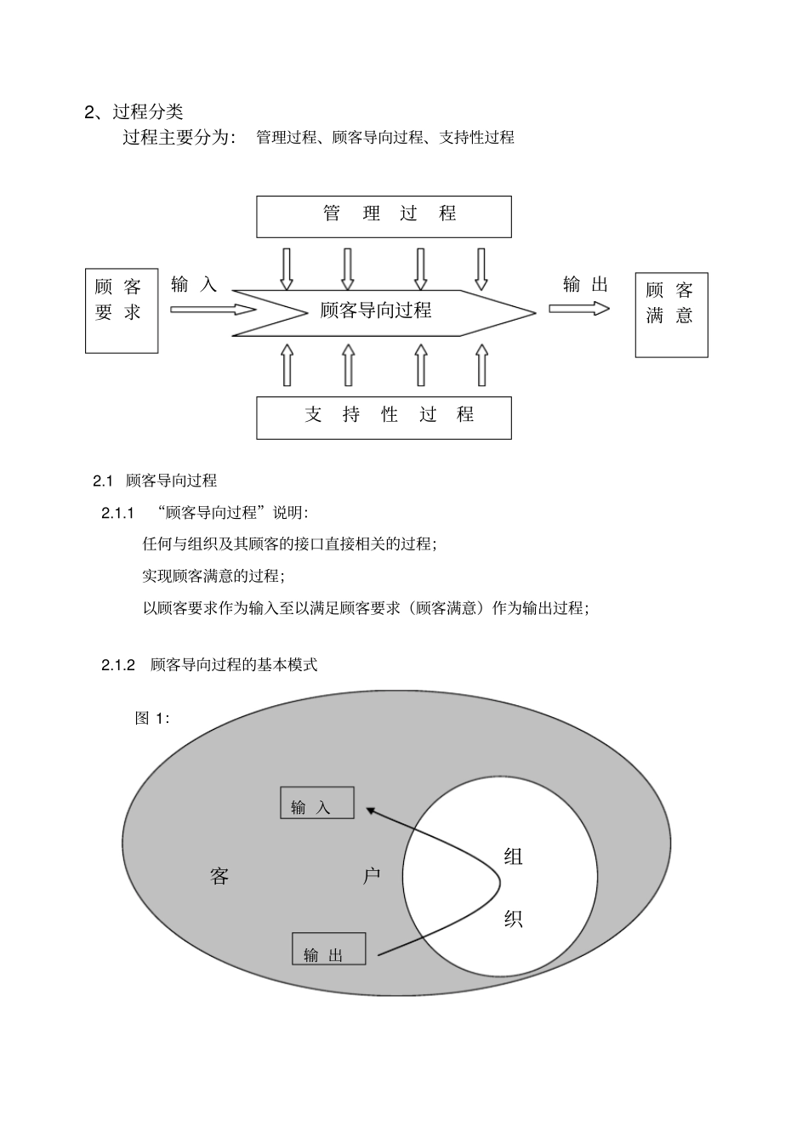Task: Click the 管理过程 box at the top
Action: tap(384, 216)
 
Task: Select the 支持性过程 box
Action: tap(384, 417)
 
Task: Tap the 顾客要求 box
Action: tap(122, 310)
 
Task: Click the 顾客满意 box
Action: tap(671, 315)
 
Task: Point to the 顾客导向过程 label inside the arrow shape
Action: tap(376, 310)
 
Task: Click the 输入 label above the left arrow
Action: tap(194, 285)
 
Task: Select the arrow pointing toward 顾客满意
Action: tap(578, 308)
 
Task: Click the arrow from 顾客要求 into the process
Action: tap(213, 310)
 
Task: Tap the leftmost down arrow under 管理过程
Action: tap(287, 269)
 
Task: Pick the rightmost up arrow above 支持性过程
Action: tap(481, 365)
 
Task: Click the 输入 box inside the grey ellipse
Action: tap(316, 802)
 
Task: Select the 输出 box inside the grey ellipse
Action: tap(328, 948)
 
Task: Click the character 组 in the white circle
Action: tap(513, 857)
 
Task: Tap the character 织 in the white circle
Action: tap(513, 919)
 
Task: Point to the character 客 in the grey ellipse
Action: tap(219, 876)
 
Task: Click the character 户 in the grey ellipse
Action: tap(372, 876)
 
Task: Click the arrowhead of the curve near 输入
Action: tap(372, 811)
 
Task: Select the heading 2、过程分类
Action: tap(134, 111)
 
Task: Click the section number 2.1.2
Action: tap(118, 665)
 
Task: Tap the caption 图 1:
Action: tap(152, 719)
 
